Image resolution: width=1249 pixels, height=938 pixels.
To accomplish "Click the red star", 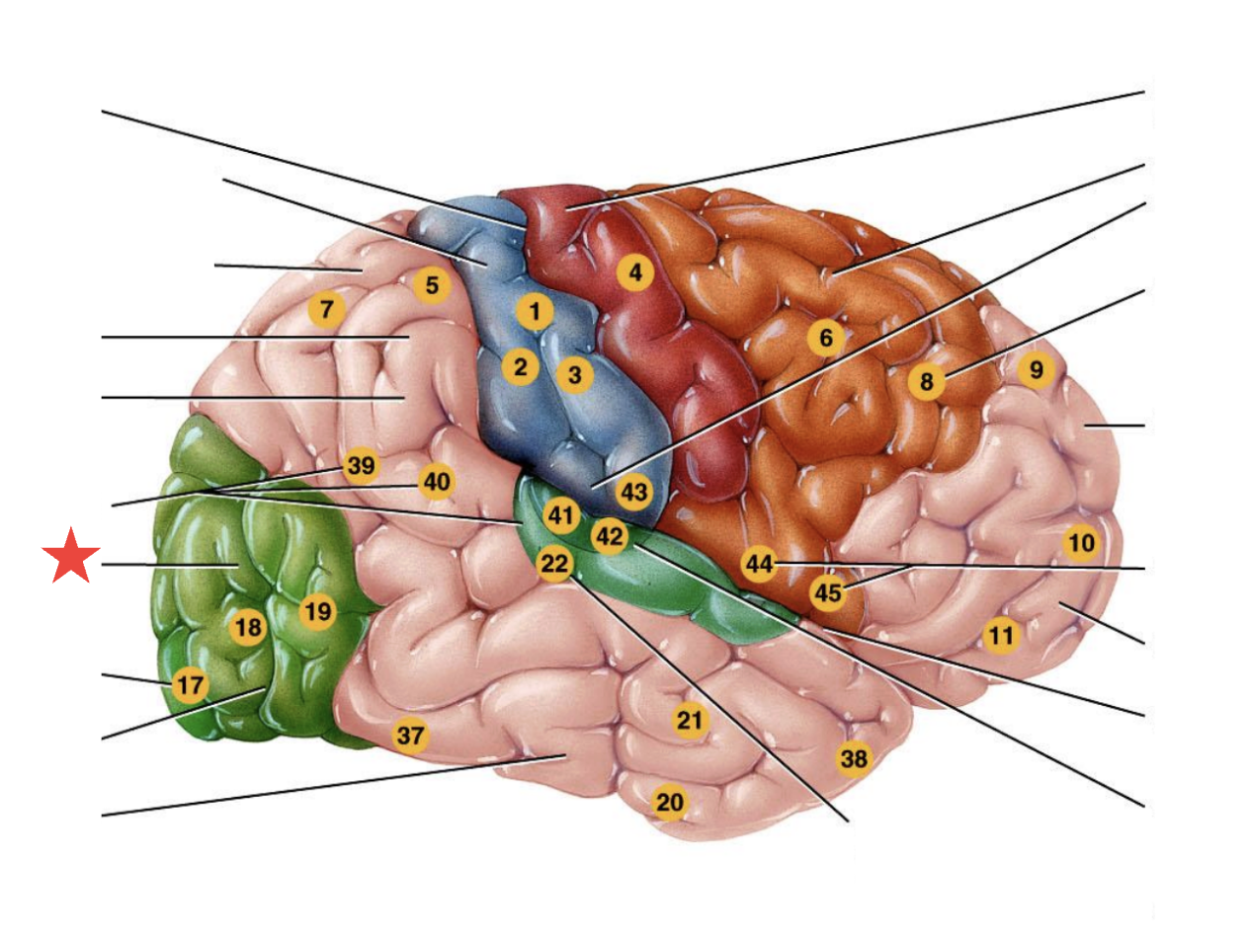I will [x=71, y=558].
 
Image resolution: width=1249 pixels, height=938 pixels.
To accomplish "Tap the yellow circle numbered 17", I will [x=190, y=684].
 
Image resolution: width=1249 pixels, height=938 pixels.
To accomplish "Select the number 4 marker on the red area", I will [x=635, y=272].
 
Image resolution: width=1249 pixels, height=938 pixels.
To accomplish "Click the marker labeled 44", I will [x=759, y=564].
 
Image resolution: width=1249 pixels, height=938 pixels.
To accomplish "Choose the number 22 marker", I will [x=555, y=565].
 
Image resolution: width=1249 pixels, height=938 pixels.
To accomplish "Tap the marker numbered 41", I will [x=561, y=514].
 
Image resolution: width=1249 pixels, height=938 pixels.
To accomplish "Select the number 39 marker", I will [x=362, y=466].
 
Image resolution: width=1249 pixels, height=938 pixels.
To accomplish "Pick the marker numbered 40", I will [x=436, y=483].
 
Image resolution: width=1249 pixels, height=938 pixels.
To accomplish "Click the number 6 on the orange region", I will [x=826, y=339].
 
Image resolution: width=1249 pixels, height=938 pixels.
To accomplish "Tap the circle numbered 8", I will [x=926, y=382].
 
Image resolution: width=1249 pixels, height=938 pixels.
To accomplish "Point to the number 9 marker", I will [x=1036, y=370].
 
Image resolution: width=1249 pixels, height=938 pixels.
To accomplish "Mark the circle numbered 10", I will [x=1081, y=542].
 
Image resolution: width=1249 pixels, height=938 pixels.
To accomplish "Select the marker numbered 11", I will [x=1001, y=637].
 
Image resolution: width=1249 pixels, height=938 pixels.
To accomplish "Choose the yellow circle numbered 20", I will [x=670, y=803].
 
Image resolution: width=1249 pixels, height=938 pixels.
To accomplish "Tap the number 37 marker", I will [x=410, y=735].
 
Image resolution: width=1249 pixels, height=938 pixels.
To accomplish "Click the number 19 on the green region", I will [x=316, y=612].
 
